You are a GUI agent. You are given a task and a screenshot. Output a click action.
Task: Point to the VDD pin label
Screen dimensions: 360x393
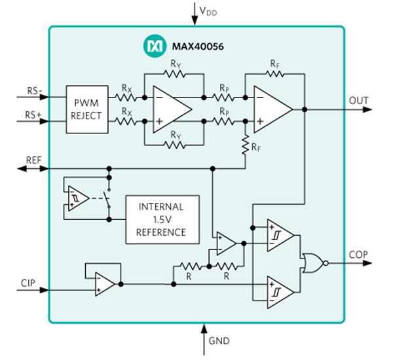tap(208, 11)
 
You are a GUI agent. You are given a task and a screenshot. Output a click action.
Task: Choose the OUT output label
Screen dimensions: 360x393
tap(359, 100)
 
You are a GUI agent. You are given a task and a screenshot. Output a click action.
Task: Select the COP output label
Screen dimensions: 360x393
tap(359, 254)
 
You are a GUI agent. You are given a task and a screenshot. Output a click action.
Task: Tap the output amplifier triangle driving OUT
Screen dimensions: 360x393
tap(272, 109)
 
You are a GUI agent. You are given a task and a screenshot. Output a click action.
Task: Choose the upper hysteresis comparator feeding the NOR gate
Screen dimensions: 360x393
tap(278, 236)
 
